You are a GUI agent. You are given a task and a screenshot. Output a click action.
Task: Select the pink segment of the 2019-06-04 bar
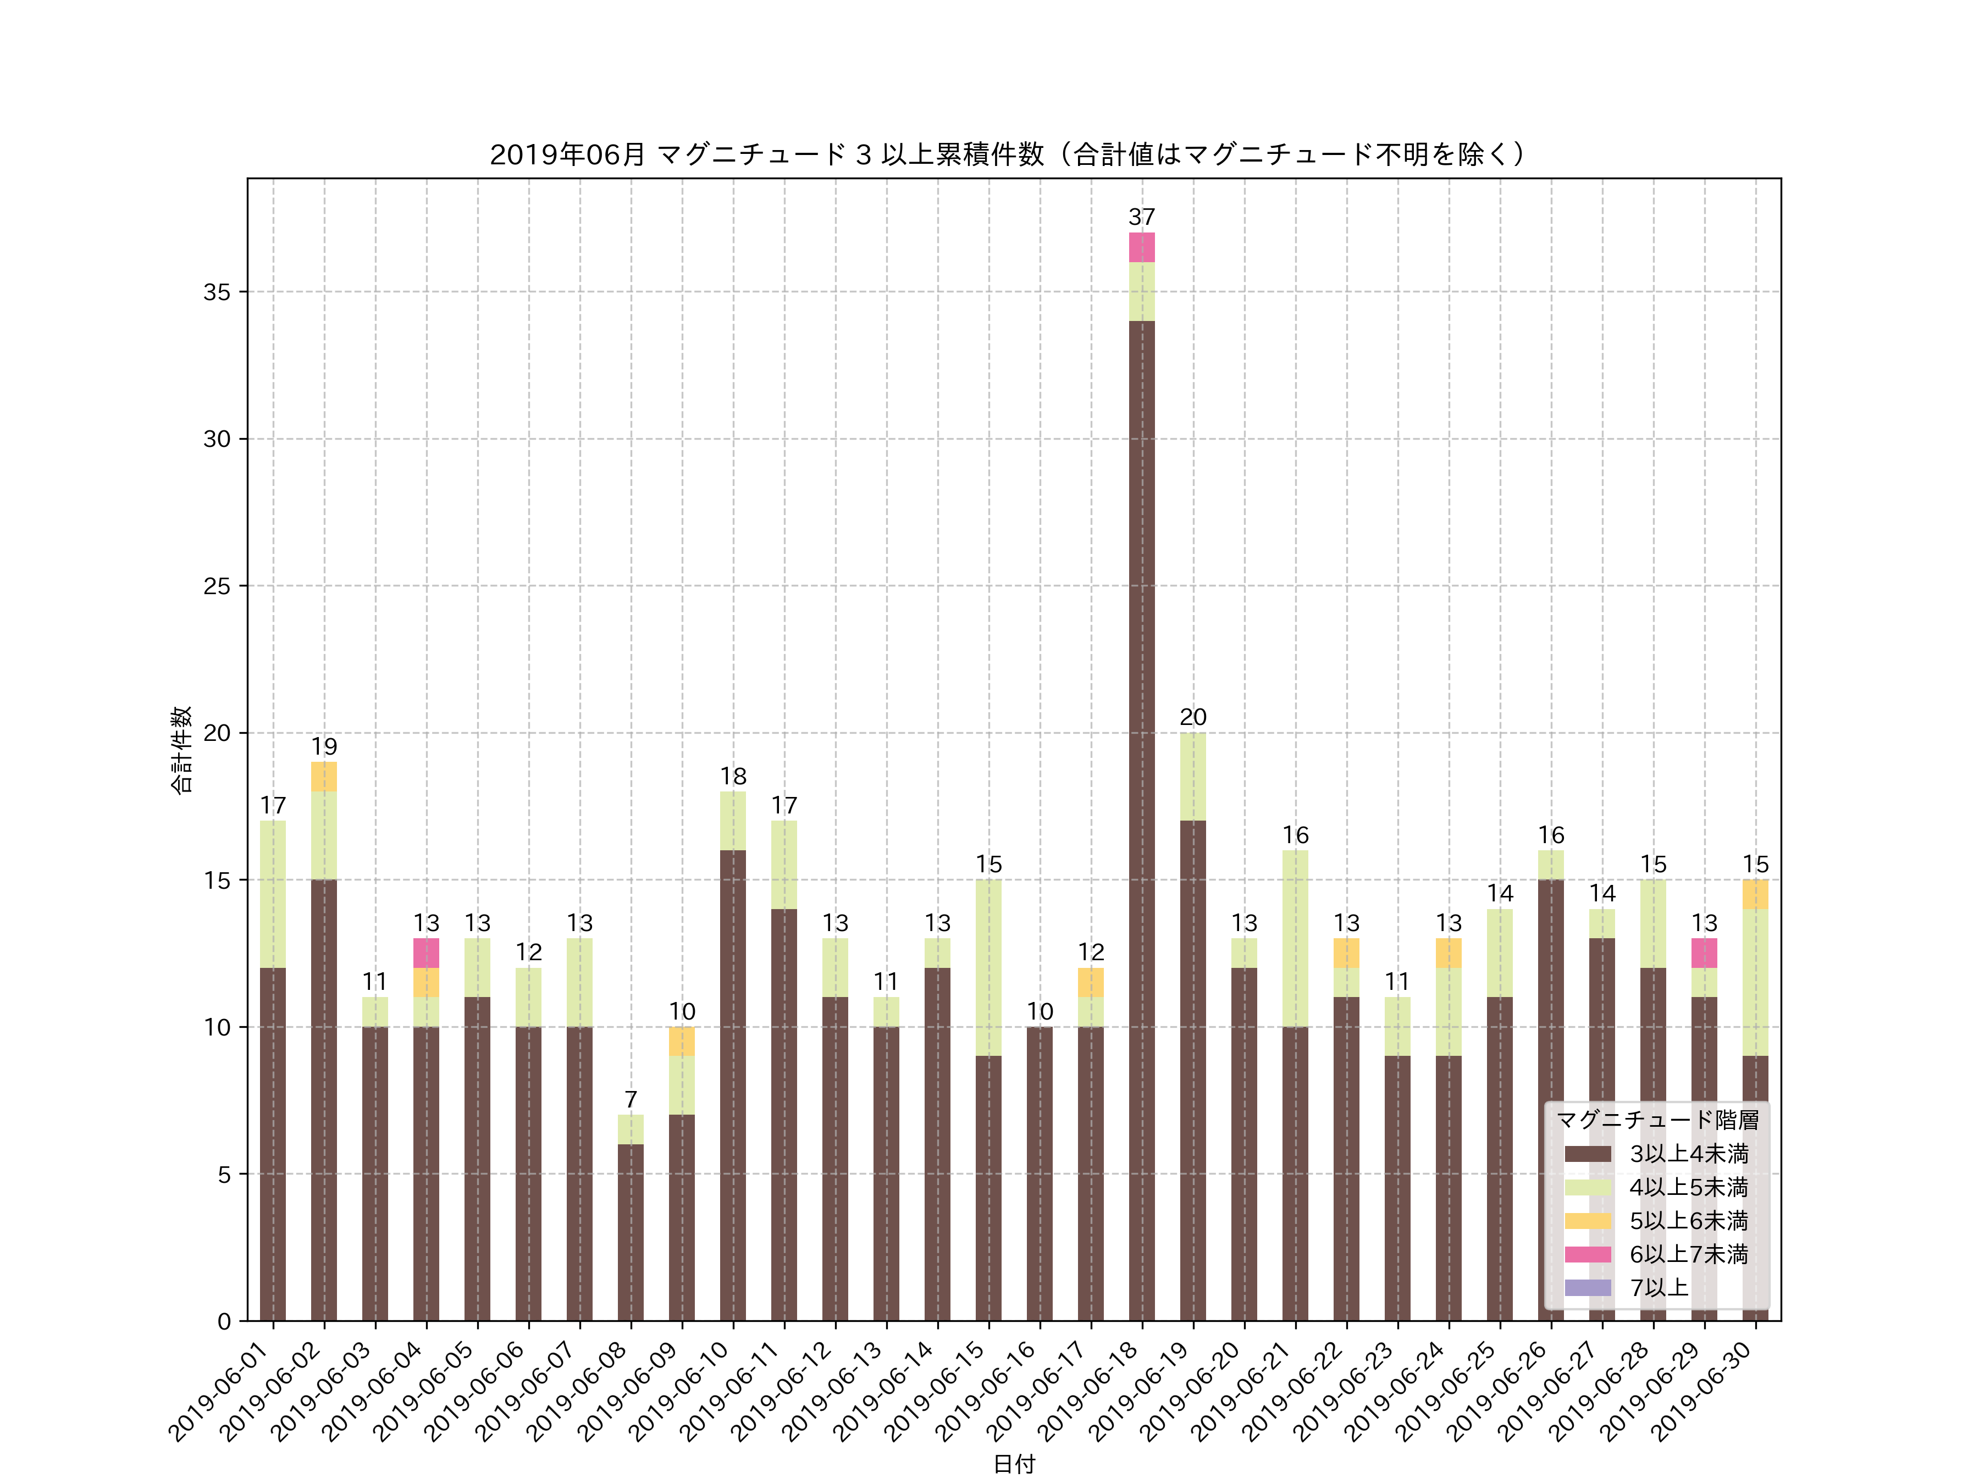[x=426, y=953]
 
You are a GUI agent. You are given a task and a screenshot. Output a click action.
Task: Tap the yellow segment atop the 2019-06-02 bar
[x=324, y=777]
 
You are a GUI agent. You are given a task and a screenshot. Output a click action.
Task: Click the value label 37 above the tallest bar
[x=1142, y=217]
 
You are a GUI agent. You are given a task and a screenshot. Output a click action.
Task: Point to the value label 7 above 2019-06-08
[x=631, y=1099]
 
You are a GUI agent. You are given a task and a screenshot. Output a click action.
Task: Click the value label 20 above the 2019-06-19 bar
[x=1192, y=717]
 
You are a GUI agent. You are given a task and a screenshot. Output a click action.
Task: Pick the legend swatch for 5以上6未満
[x=1588, y=1221]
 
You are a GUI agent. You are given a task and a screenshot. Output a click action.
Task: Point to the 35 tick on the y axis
[x=217, y=292]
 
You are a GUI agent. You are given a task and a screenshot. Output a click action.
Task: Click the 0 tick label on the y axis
[x=224, y=1321]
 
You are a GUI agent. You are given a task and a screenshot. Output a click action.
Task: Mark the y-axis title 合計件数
[x=181, y=750]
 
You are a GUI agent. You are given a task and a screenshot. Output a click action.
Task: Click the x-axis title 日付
[x=1014, y=1464]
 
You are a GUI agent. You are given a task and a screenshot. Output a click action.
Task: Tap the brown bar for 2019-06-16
[x=1040, y=1173]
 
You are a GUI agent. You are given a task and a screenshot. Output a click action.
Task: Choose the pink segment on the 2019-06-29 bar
[x=1704, y=953]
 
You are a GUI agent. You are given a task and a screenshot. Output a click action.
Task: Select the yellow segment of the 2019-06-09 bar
[x=682, y=1041]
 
